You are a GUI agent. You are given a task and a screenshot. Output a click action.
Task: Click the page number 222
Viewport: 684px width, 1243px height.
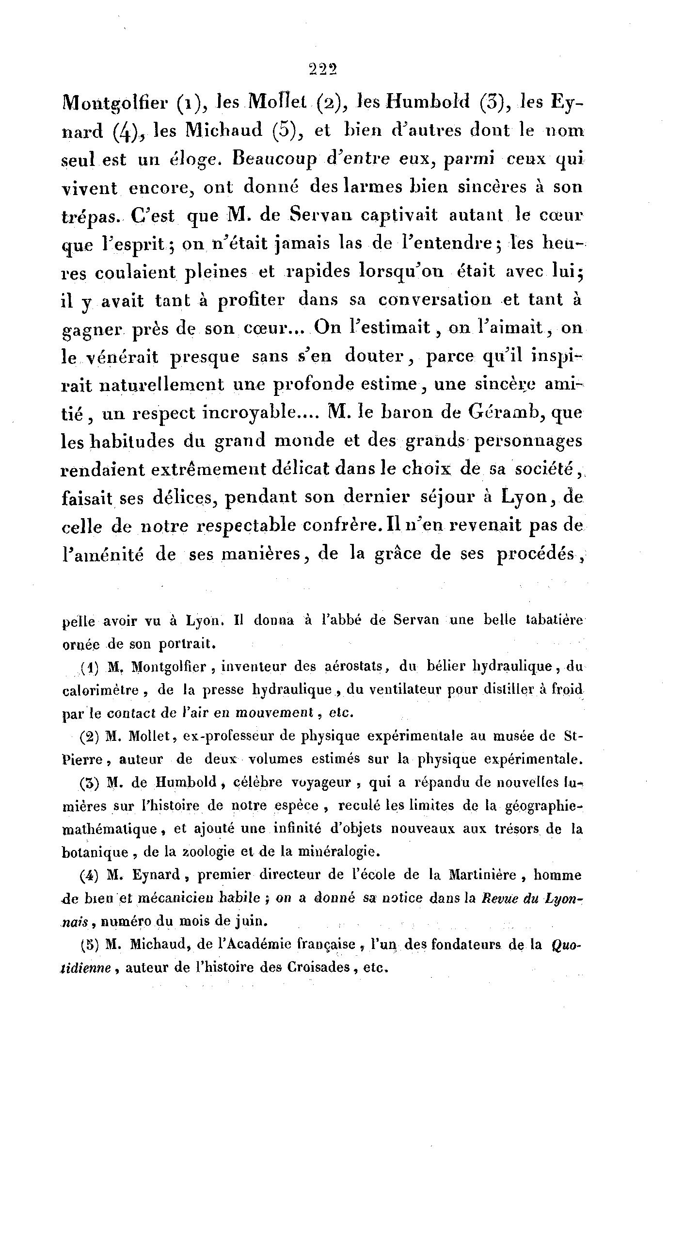323,70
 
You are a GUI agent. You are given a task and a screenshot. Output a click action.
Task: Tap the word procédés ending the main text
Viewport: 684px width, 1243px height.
539,554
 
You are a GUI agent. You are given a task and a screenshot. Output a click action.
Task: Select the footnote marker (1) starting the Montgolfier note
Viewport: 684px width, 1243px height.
90,667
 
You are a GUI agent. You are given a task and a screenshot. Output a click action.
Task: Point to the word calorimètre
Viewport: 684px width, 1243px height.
100,690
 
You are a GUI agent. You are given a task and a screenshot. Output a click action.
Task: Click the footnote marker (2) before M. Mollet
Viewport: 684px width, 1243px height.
90,736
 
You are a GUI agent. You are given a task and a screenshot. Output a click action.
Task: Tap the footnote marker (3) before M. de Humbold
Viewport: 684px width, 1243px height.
90,782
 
